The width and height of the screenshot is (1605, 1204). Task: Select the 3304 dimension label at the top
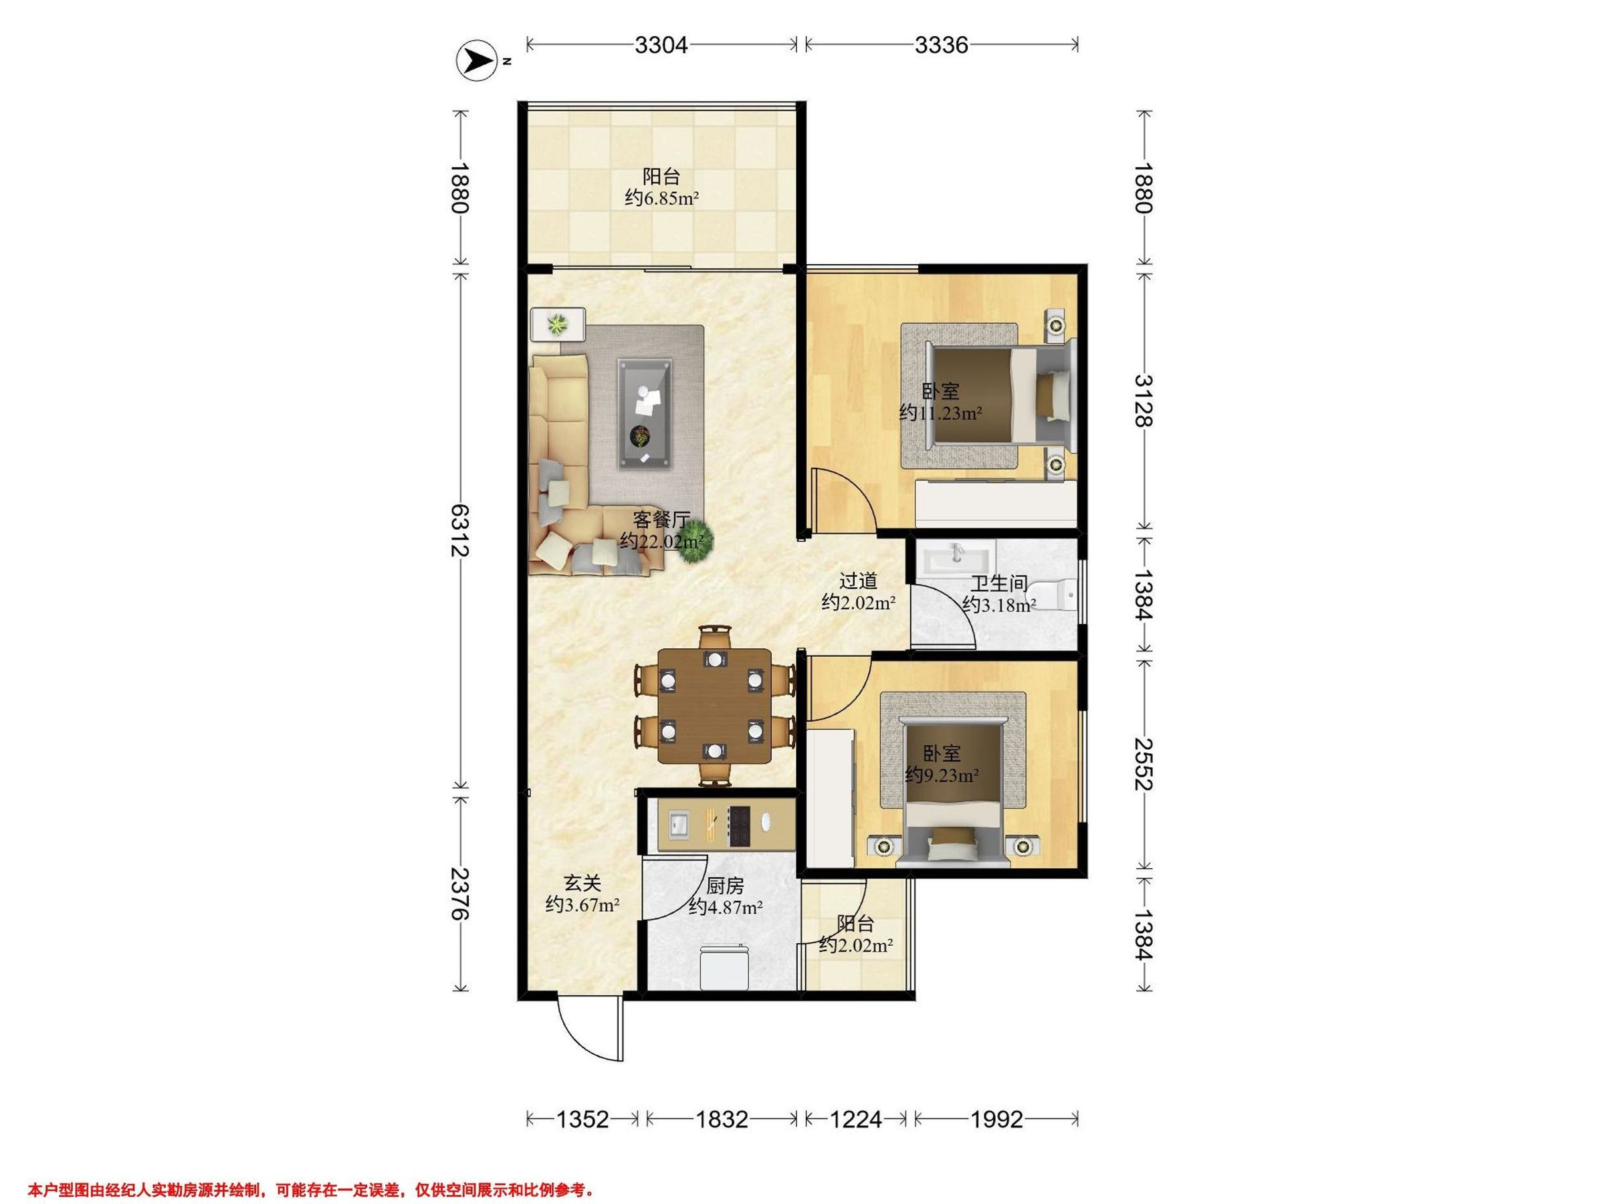click(x=660, y=45)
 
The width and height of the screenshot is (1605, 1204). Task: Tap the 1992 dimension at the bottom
click(x=996, y=1119)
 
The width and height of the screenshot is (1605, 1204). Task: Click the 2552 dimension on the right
click(x=1144, y=763)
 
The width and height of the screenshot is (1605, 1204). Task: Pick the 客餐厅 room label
click(x=661, y=520)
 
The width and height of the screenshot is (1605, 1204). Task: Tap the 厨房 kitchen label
click(x=725, y=886)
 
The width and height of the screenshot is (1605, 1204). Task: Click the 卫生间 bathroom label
click(x=999, y=583)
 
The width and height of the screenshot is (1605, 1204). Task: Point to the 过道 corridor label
click(x=859, y=581)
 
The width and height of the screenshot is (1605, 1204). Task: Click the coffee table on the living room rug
click(x=644, y=413)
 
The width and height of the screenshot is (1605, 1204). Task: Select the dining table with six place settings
click(x=714, y=706)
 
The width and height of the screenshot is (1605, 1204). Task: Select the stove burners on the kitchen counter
click(x=740, y=827)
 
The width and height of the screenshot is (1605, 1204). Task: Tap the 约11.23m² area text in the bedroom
click(x=940, y=413)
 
